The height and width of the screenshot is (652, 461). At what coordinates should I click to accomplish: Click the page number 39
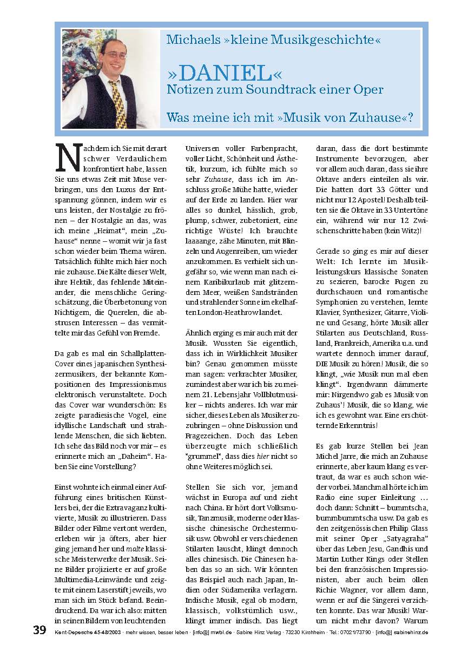click(x=39, y=630)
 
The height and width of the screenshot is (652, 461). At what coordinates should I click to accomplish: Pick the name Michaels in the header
click(x=191, y=39)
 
